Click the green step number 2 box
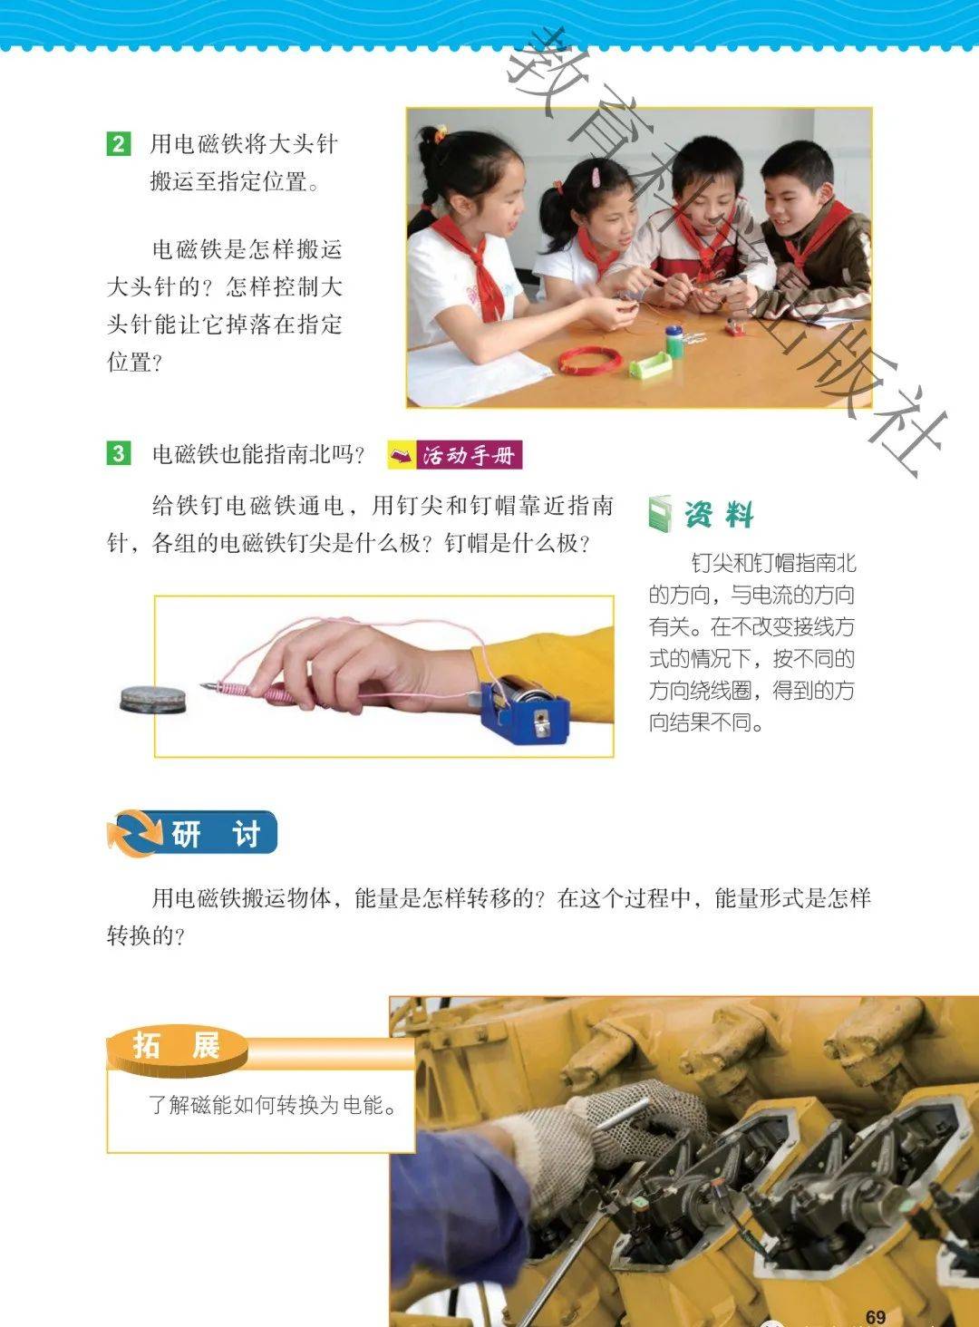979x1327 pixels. pyautogui.click(x=119, y=144)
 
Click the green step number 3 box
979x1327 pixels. pyautogui.click(x=119, y=454)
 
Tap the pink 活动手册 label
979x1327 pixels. pyautogui.click(x=455, y=455)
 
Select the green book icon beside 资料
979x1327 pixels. pyautogui.click(x=660, y=513)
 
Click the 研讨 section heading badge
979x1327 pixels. pyautogui.click(x=192, y=833)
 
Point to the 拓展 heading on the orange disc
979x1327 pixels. pyautogui.click(x=177, y=1047)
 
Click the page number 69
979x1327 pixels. pyautogui.click(x=875, y=1312)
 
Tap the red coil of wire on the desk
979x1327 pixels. pyautogui.click(x=590, y=361)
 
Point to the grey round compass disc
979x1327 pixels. pyautogui.click(x=153, y=699)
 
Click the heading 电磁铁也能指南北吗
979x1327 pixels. pyautogui.click(x=257, y=454)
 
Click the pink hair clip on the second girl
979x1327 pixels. pyautogui.click(x=595, y=176)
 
